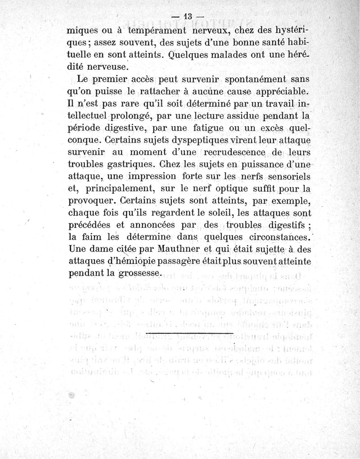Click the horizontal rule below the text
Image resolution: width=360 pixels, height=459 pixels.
pyautogui.click(x=189, y=333)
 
